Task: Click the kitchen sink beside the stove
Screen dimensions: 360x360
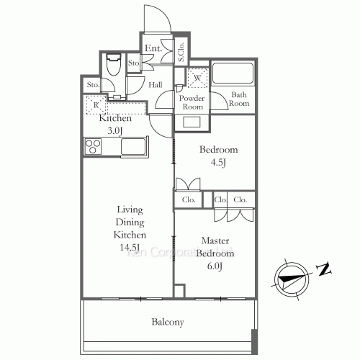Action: click(134, 147)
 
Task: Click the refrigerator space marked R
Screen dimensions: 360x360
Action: click(96, 106)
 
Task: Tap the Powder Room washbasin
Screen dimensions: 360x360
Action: click(192, 122)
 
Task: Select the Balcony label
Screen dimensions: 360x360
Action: click(166, 322)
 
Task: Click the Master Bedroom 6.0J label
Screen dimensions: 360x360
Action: click(215, 253)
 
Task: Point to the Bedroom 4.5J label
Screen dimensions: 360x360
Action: click(217, 155)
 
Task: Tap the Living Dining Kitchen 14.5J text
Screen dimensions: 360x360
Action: click(130, 228)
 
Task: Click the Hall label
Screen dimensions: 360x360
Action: click(156, 85)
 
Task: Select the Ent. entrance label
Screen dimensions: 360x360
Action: click(152, 49)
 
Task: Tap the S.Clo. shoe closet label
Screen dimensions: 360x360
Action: click(181, 51)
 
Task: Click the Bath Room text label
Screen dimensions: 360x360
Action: click(240, 99)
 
